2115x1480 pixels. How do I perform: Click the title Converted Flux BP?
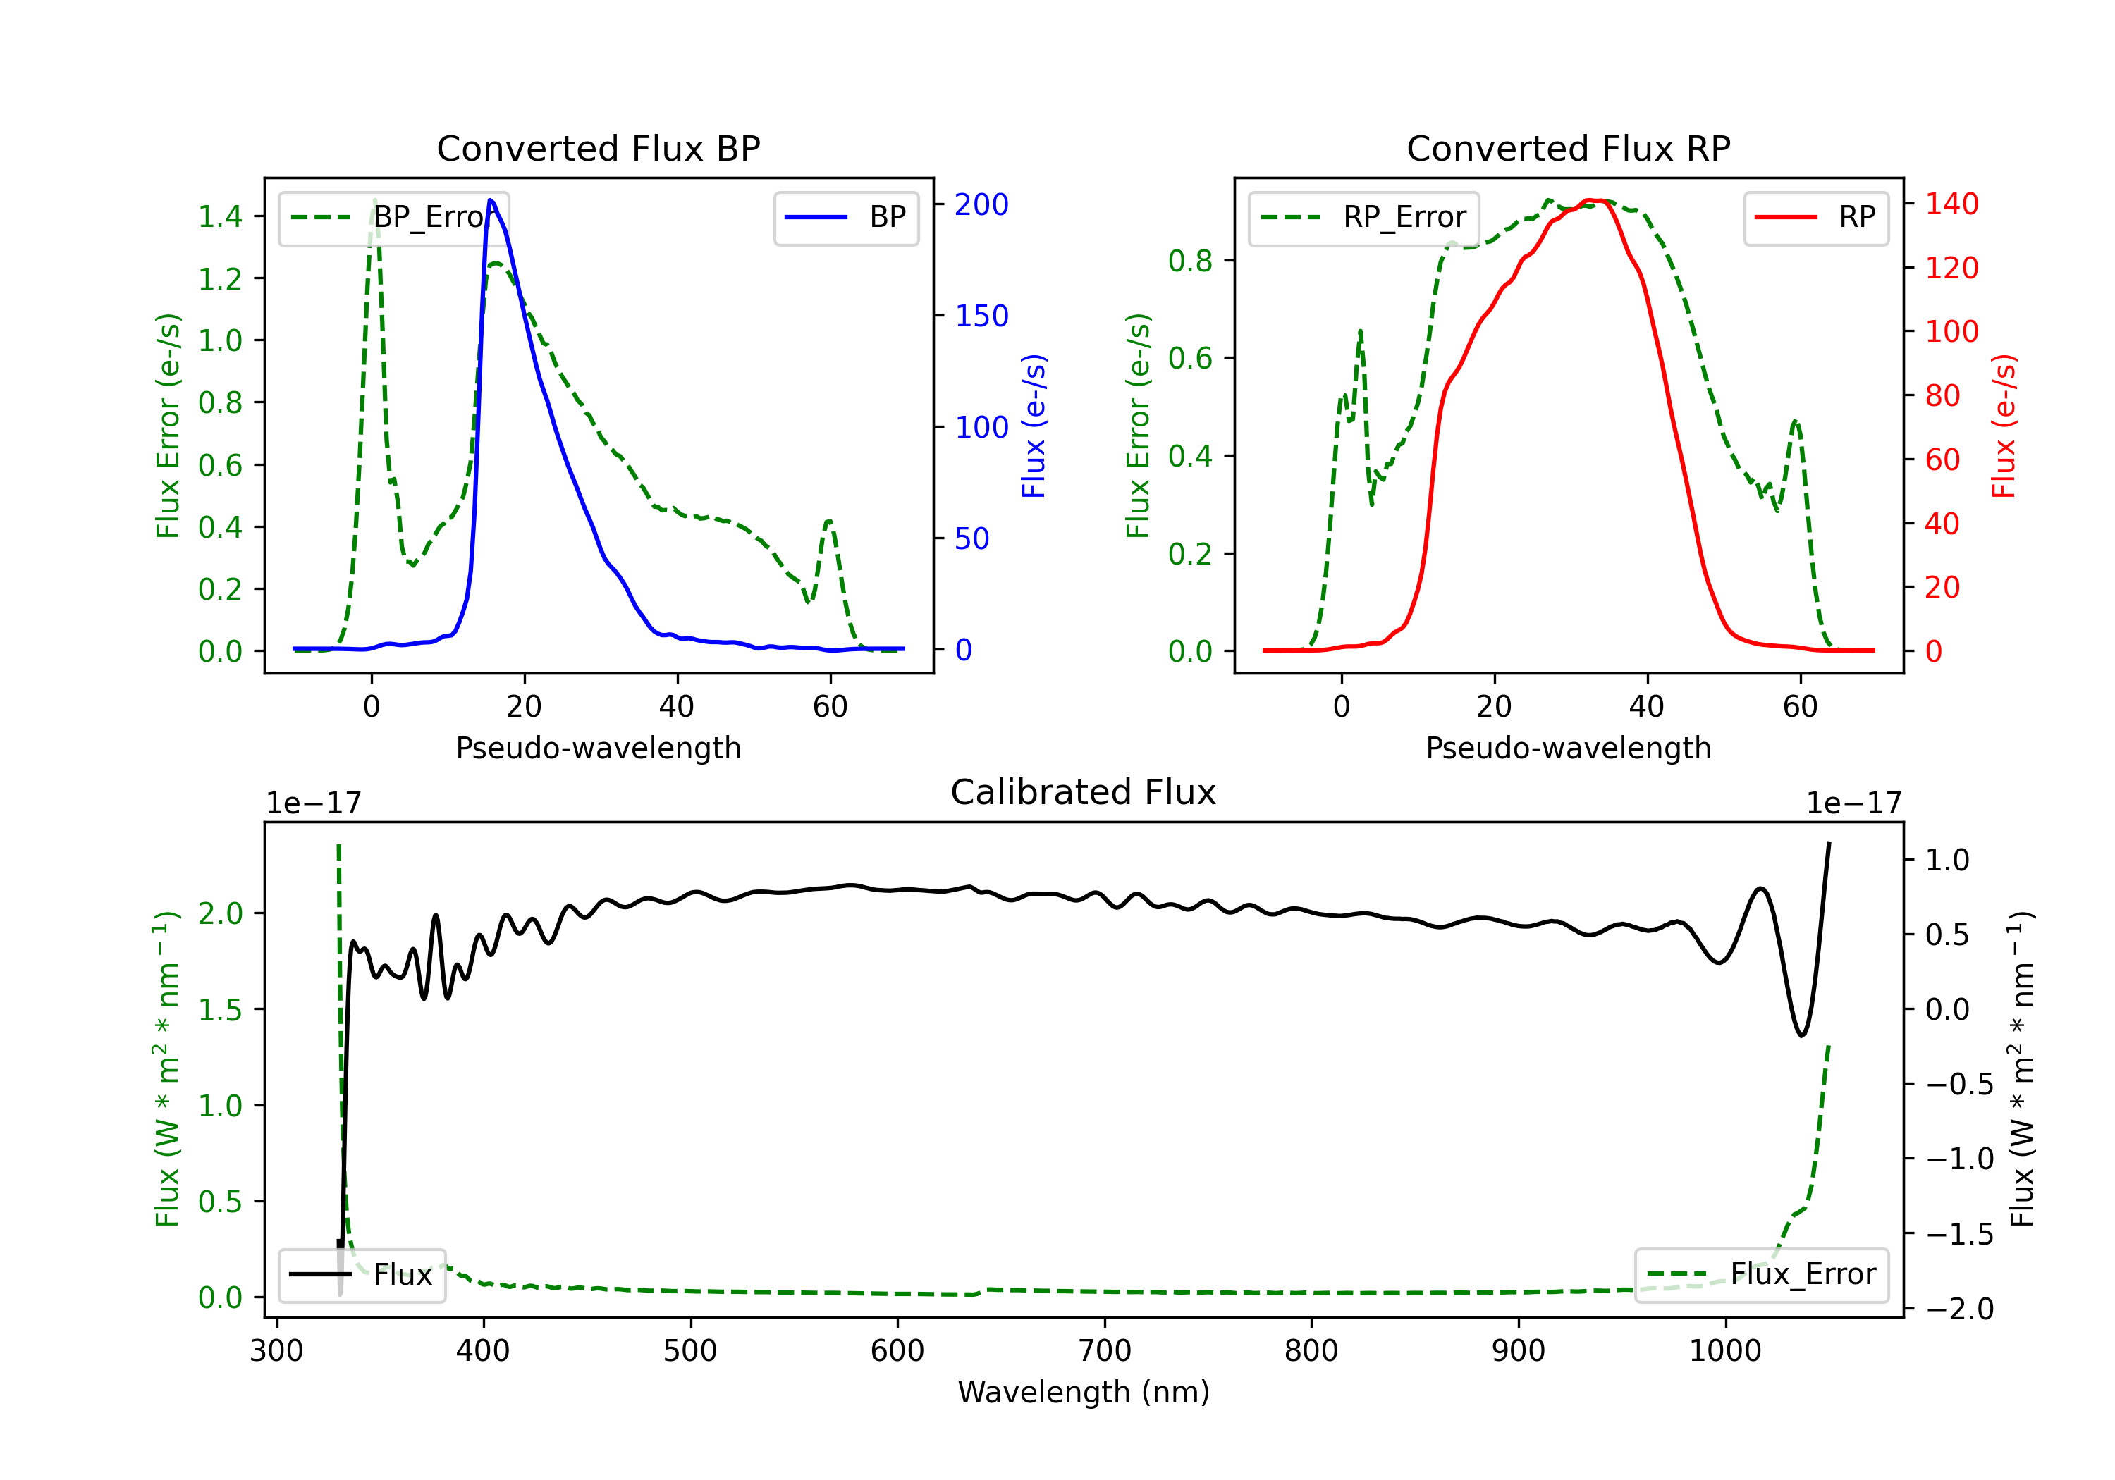coord(598,148)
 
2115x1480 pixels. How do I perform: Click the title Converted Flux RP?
coord(1568,148)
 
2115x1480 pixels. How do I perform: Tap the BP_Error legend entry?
coord(394,217)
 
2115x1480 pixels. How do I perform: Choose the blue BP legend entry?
coord(845,217)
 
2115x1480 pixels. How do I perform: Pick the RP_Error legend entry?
coord(1363,217)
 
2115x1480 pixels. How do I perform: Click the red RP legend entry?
coord(1815,217)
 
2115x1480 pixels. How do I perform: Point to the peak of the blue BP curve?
coord(491,200)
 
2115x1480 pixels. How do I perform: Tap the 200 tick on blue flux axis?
coord(981,204)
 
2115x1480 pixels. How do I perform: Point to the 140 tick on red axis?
coord(1951,204)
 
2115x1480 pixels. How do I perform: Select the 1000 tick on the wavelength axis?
coord(1724,1350)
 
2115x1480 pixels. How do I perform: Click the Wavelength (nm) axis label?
coord(1084,1392)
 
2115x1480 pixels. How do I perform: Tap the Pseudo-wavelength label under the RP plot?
coord(1568,748)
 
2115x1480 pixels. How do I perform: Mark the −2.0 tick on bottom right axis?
coord(1958,1308)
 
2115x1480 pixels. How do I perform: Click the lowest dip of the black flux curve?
coord(1802,1036)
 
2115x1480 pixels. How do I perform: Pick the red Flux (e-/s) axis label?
coord(2004,426)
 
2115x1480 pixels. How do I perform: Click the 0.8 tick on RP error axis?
coord(1190,261)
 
